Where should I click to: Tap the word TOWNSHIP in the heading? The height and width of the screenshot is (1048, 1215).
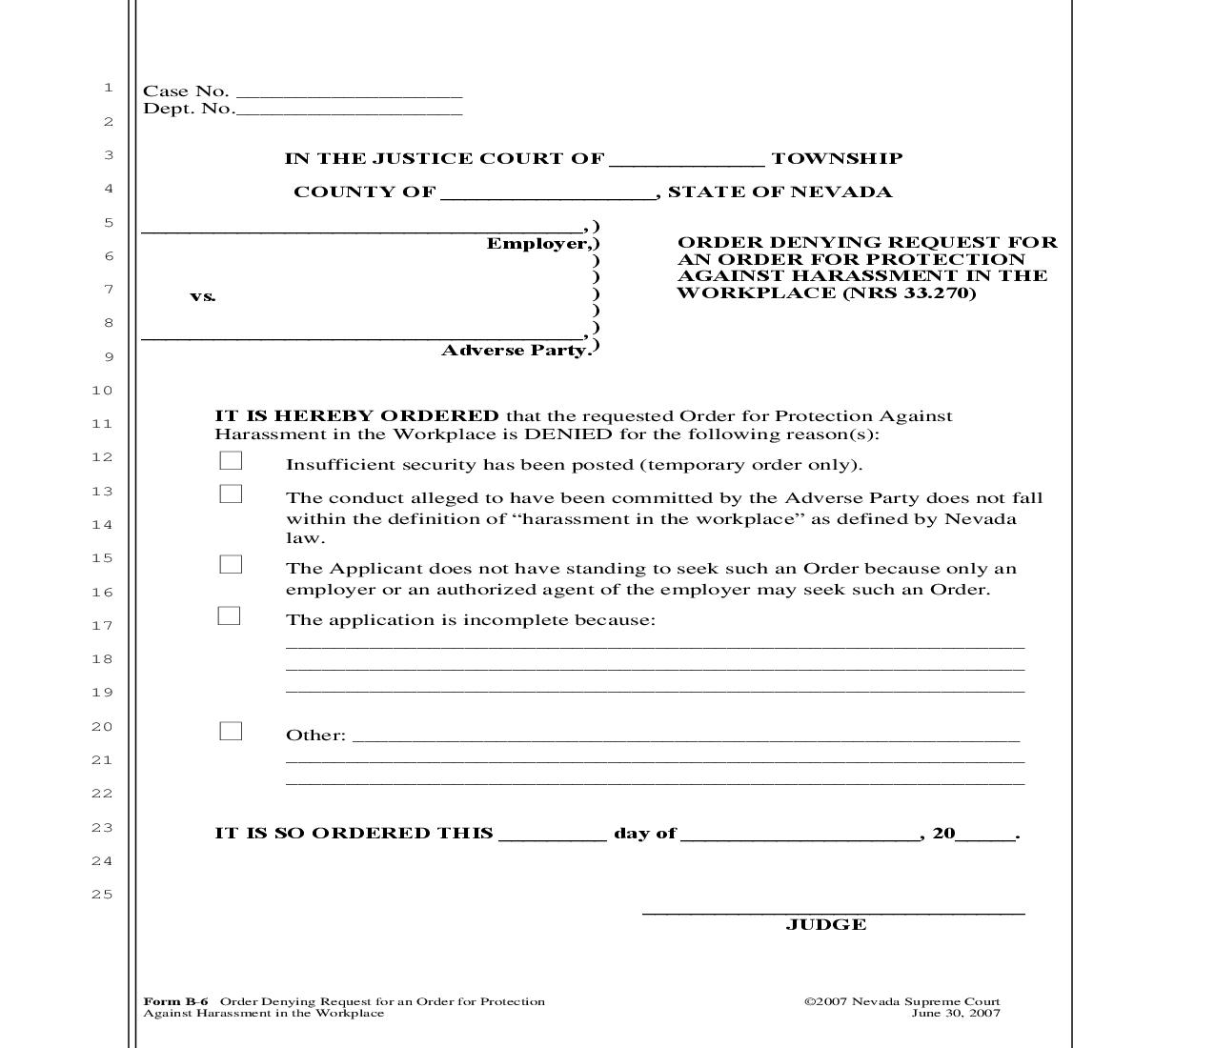click(x=836, y=159)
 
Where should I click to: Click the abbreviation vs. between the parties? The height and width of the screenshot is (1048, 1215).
click(x=203, y=296)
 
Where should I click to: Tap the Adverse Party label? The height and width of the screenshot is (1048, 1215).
click(x=516, y=351)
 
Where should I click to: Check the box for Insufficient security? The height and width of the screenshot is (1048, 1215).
click(x=231, y=461)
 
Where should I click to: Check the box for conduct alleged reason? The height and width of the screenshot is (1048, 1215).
click(x=231, y=494)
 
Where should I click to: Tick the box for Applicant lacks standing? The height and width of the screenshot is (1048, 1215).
click(x=231, y=565)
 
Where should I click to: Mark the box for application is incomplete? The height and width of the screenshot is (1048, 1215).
click(x=230, y=616)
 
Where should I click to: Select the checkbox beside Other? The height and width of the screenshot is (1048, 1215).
click(x=231, y=732)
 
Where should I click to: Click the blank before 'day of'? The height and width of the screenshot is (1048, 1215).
click(x=552, y=835)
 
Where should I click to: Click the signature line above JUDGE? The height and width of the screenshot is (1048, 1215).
click(x=833, y=910)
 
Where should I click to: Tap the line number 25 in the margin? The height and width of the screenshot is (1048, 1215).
click(x=102, y=895)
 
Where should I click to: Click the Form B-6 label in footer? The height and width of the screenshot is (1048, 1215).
click(x=175, y=1001)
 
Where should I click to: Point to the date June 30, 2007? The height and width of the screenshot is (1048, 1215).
click(x=955, y=1013)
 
